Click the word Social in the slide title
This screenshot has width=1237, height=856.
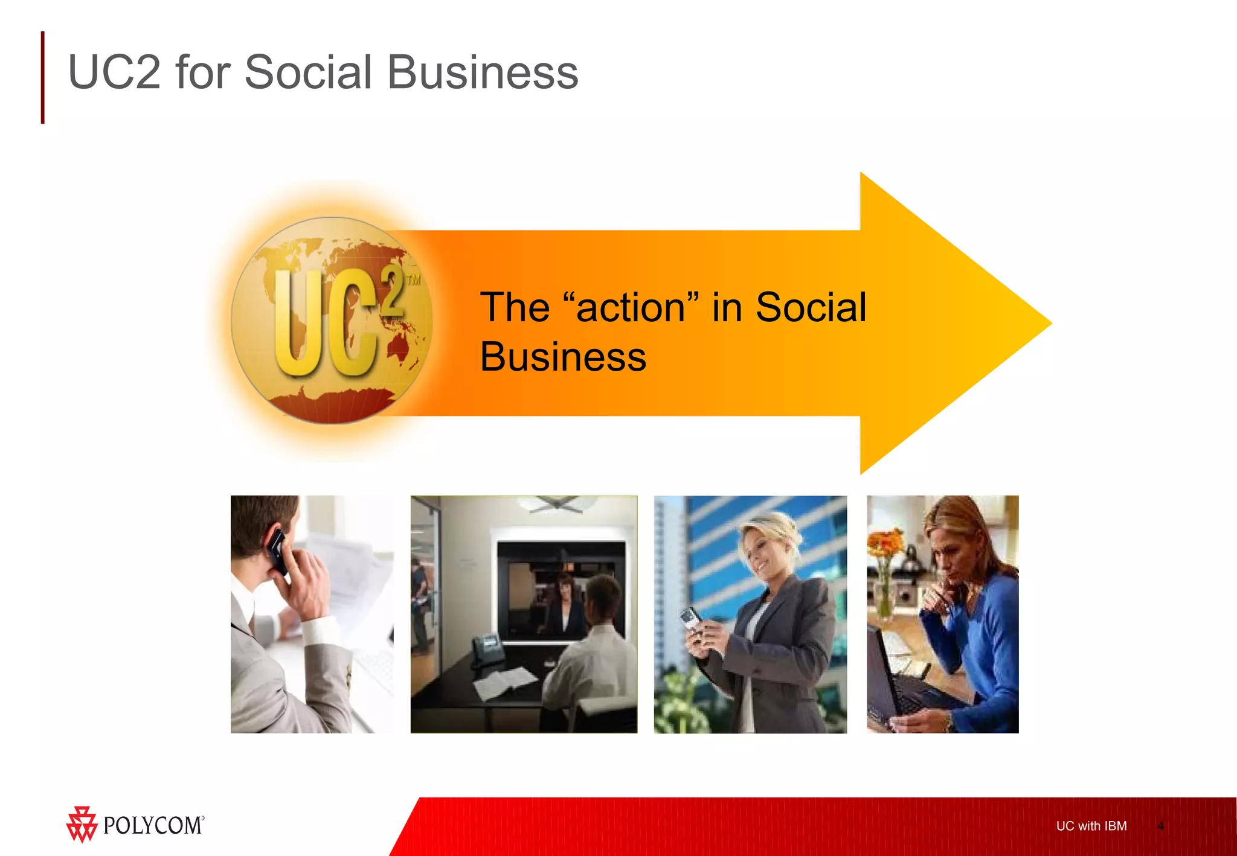[308, 72]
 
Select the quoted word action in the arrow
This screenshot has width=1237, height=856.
[631, 308]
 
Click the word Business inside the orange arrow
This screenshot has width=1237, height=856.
[563, 357]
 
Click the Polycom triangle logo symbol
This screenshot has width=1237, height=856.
[82, 824]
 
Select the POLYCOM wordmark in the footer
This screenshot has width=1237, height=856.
[153, 825]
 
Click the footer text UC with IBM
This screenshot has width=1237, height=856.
[1091, 826]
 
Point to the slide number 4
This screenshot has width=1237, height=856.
[1160, 826]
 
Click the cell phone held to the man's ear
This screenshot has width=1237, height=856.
[278, 549]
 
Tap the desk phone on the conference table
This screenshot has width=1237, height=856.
[488, 649]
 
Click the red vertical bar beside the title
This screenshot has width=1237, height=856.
[42, 77]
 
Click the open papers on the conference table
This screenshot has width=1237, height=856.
[504, 682]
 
